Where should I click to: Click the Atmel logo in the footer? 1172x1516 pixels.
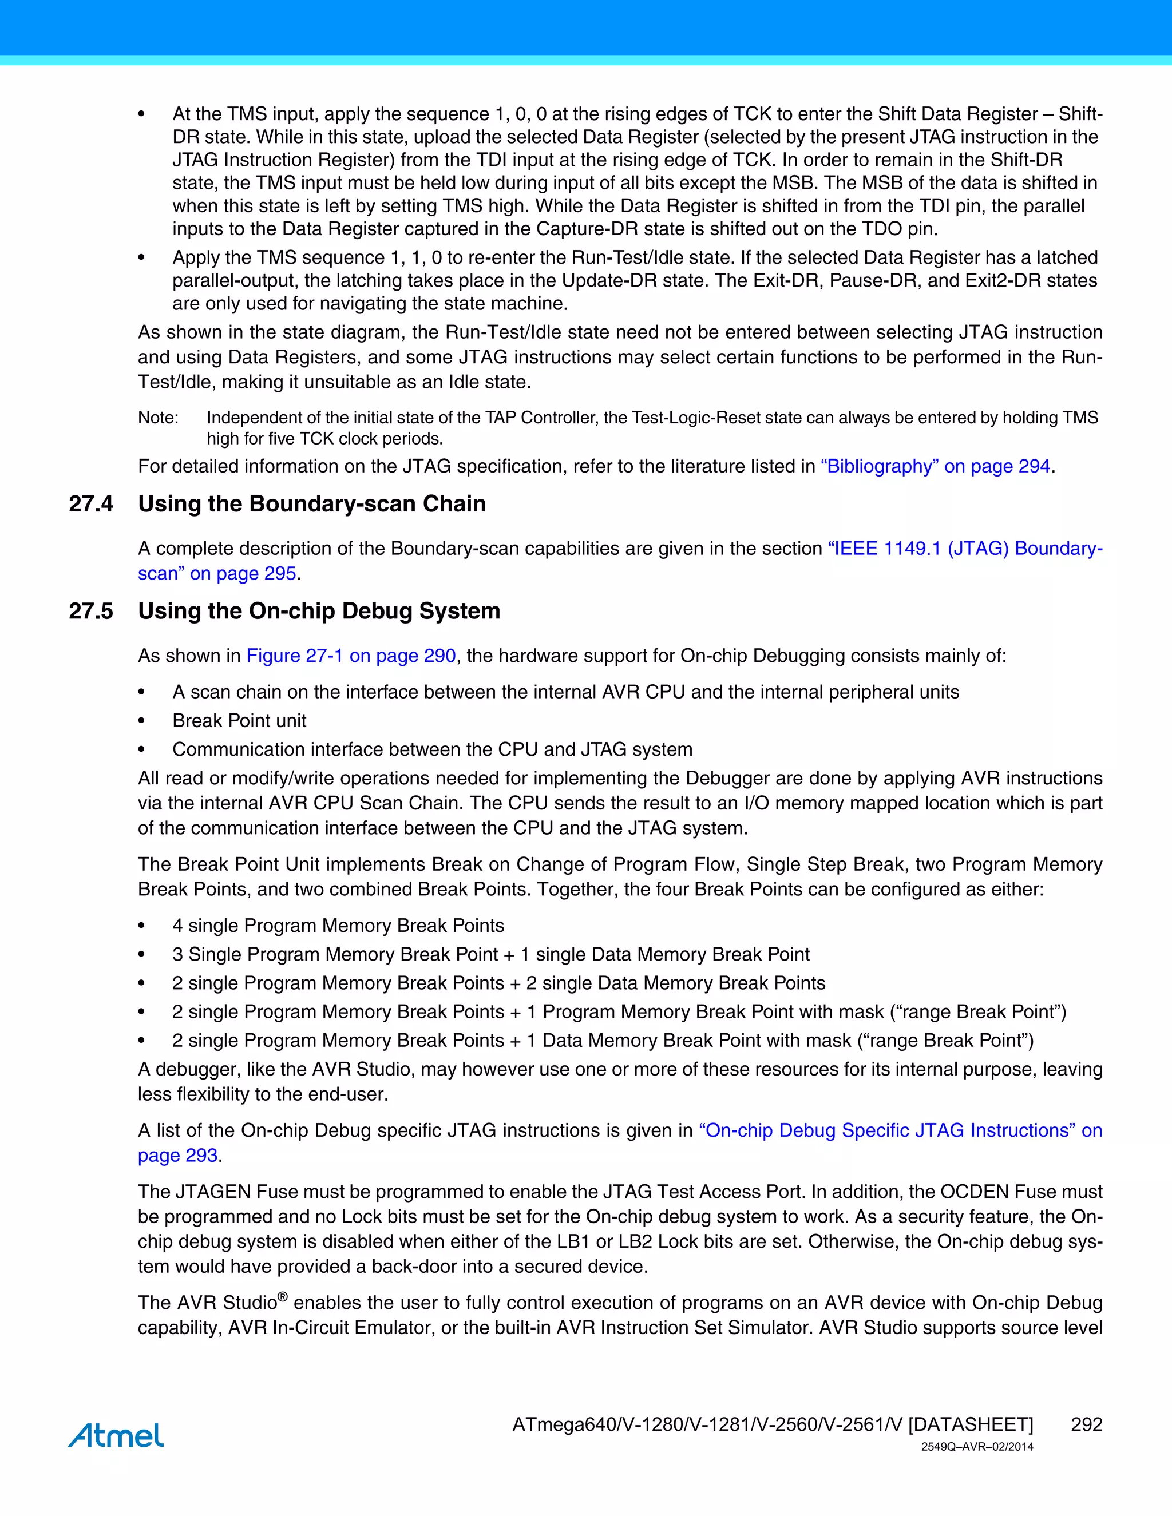pos(116,1435)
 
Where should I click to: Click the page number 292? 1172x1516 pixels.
pos(1086,1424)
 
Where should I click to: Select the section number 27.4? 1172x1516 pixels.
pos(90,504)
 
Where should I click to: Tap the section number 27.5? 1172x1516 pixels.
pos(90,611)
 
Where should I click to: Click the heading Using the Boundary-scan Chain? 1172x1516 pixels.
pos(312,504)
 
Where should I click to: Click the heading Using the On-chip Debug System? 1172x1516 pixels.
pos(319,611)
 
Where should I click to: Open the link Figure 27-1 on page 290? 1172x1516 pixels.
pos(351,656)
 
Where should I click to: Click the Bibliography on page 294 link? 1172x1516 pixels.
pos(935,466)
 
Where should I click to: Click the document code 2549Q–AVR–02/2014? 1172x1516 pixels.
pos(977,1447)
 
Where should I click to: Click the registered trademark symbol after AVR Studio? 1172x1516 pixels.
pos(283,1296)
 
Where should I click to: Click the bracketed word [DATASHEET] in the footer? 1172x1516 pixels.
pos(970,1424)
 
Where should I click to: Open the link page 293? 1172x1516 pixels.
pos(178,1155)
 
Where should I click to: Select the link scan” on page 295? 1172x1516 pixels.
pos(217,573)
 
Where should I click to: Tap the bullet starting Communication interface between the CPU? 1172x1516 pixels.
pos(432,749)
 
